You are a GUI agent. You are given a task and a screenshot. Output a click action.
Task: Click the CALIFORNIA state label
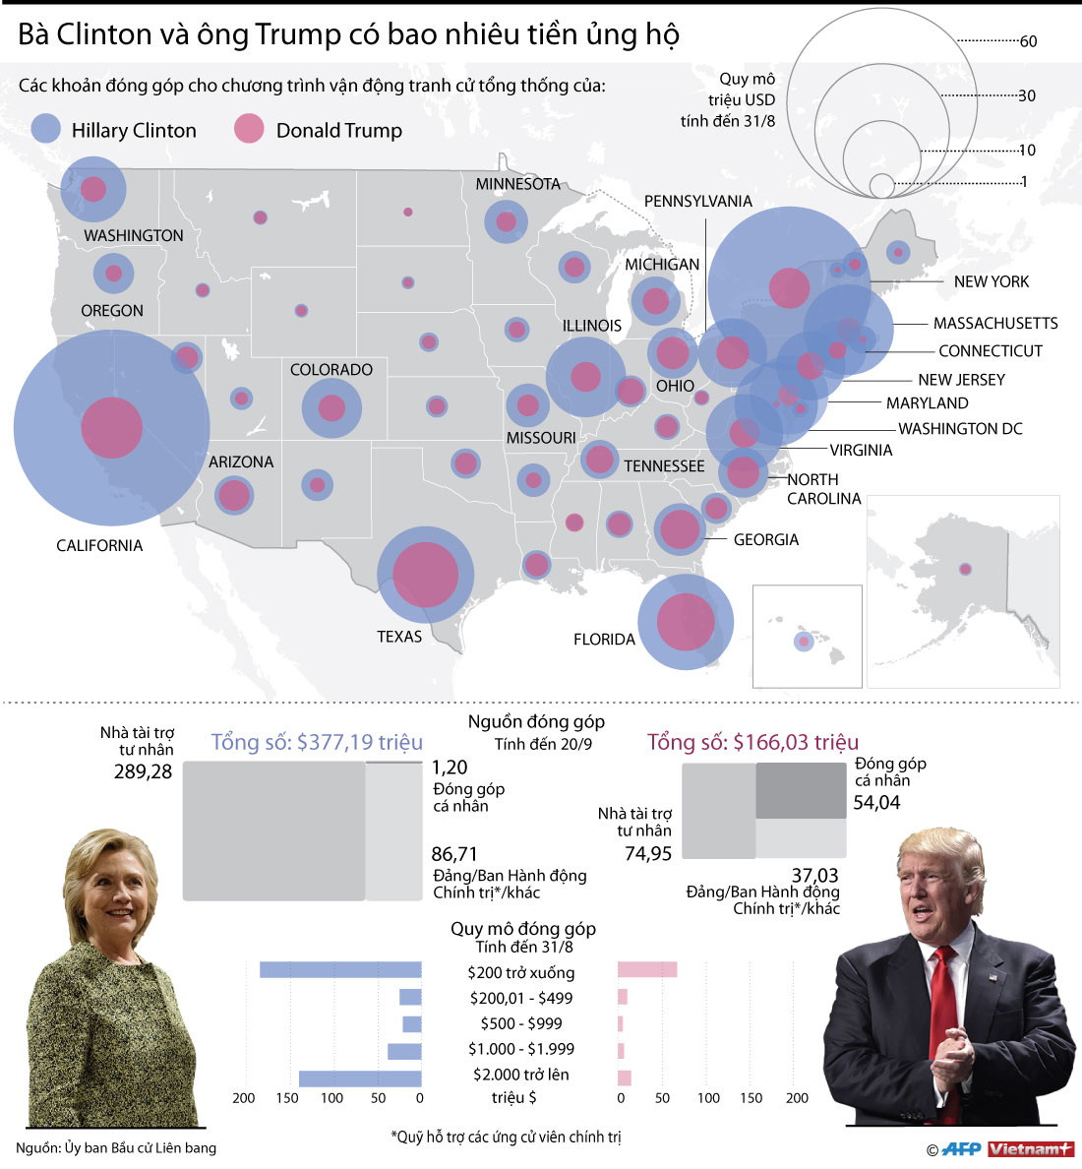pos(99,545)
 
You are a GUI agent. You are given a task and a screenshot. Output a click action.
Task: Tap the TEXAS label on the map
pos(399,637)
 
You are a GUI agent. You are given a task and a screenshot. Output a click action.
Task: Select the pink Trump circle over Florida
pos(686,622)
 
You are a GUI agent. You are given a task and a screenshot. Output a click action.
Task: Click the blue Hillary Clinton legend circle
pos(47,129)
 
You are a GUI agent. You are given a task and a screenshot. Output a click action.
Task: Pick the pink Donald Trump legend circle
pos(249,129)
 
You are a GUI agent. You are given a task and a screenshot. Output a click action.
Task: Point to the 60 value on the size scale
pos(1028,41)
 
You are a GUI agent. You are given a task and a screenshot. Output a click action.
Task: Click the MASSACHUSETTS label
pos(995,323)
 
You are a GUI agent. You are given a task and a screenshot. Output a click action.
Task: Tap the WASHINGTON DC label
pos(960,429)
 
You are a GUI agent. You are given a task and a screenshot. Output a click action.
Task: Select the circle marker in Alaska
pos(965,569)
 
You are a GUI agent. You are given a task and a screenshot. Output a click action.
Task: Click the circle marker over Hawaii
pos(804,642)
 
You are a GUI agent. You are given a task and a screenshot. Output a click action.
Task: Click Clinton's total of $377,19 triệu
pos(317,742)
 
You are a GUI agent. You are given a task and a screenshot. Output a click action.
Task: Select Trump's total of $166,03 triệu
pos(752,742)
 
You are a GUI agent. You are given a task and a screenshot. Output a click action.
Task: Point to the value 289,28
pos(144,772)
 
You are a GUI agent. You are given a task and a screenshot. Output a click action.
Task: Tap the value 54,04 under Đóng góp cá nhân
pos(876,803)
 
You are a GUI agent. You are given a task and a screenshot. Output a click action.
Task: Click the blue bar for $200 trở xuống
pos(340,970)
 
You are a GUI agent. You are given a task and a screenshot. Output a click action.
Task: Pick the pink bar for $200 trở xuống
pos(647,970)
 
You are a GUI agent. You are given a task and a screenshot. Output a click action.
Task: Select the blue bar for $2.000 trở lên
pos(360,1078)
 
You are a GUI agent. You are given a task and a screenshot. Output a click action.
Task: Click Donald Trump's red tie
pos(945,1023)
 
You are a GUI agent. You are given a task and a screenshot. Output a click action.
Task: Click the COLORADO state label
pos(331,370)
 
